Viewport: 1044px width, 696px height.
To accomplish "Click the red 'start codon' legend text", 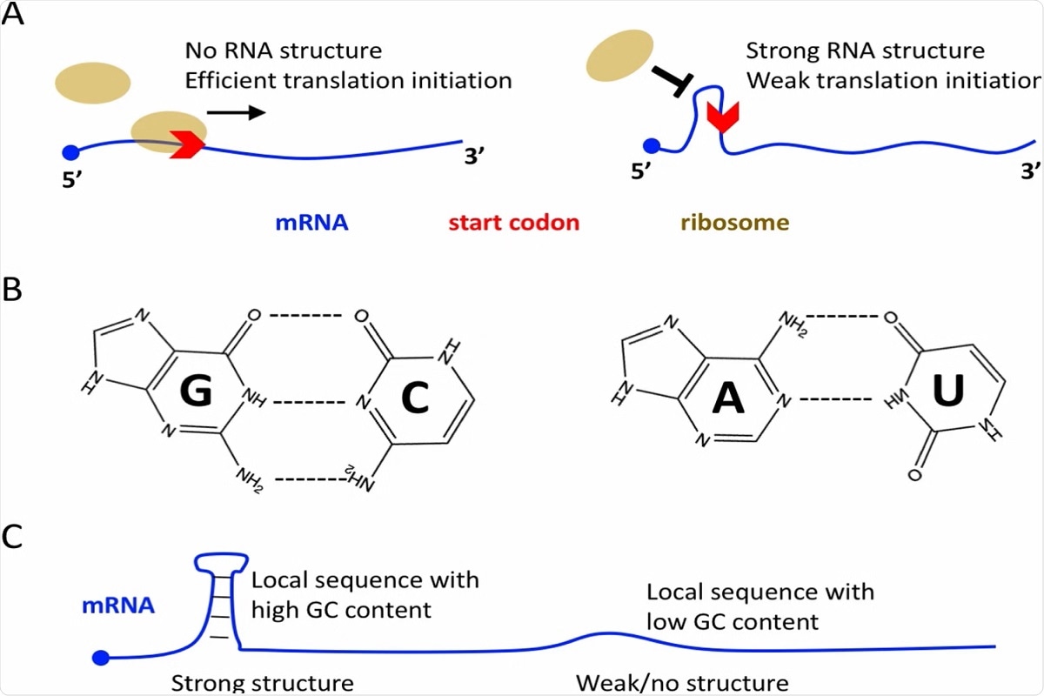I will (x=513, y=223).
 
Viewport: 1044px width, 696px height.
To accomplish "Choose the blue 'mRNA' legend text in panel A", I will (x=311, y=223).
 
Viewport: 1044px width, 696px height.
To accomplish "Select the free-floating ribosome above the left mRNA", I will (x=92, y=82).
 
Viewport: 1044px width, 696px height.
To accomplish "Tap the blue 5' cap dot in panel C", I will (x=104, y=656).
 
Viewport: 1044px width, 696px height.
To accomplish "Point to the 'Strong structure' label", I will (x=262, y=682).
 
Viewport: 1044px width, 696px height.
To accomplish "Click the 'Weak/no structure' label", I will (x=682, y=682).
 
